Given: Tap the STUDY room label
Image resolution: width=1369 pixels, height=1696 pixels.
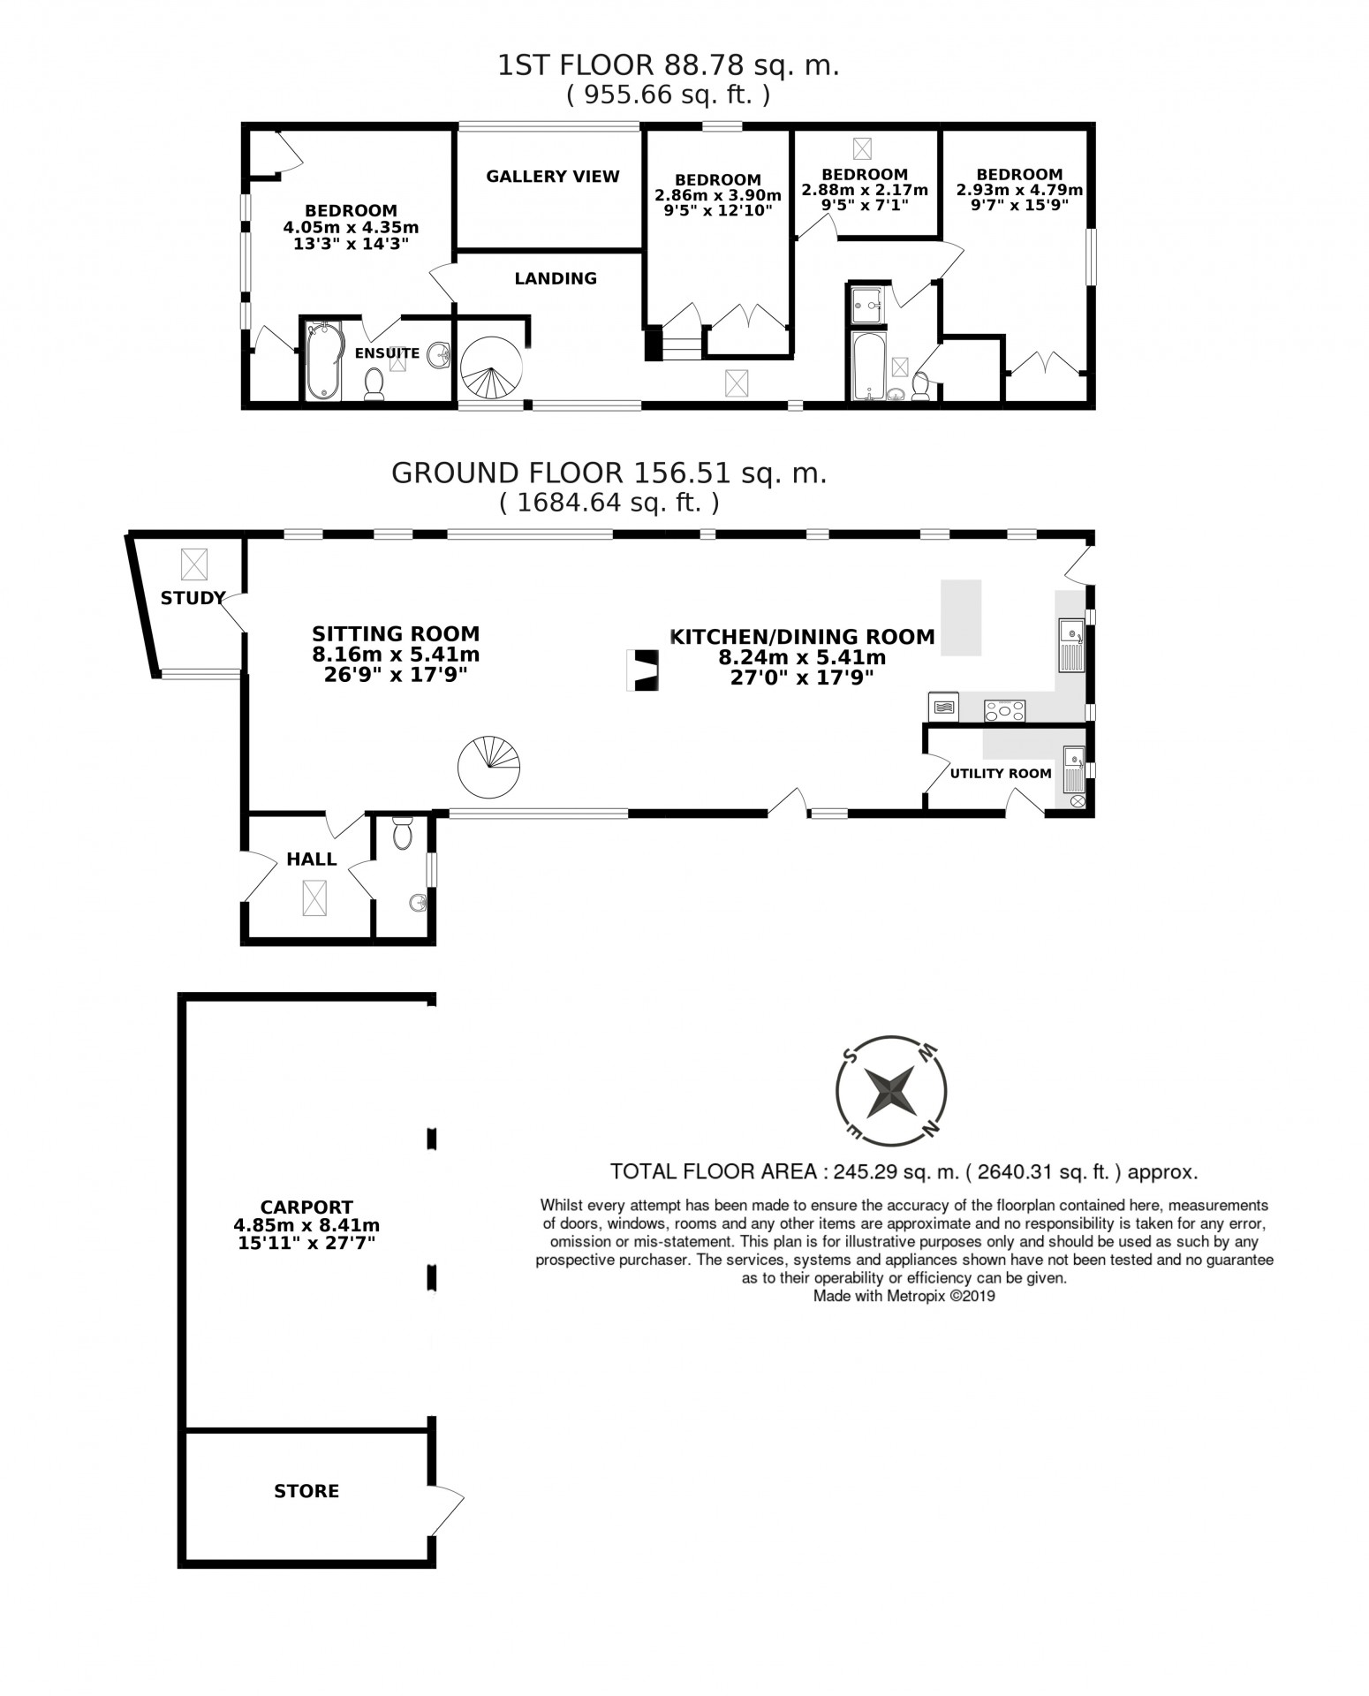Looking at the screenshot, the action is (193, 598).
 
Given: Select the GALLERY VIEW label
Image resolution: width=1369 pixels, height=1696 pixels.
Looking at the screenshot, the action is (553, 176).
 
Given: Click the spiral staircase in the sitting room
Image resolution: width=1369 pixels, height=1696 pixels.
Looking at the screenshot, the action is (489, 767).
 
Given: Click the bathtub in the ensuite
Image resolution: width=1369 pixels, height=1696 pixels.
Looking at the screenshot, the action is (322, 360).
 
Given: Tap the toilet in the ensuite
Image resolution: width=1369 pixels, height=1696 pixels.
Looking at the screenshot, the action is (374, 385).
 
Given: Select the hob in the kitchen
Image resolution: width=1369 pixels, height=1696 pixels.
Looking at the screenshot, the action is (1004, 709).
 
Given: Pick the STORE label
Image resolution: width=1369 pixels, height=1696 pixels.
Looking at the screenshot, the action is (306, 1491).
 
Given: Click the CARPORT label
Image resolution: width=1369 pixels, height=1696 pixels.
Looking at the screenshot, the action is (306, 1207).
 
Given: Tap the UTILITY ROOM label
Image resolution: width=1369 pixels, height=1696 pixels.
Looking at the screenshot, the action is (1001, 774).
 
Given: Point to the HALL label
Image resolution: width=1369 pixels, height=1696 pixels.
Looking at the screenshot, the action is (312, 859).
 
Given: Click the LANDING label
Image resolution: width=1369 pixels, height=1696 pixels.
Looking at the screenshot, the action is (556, 278).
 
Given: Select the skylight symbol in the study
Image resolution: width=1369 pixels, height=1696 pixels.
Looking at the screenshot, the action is (194, 564).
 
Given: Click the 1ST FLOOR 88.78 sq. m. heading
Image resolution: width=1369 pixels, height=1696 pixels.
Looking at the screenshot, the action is (669, 64).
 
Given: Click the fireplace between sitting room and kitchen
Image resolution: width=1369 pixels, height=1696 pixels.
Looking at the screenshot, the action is (642, 670).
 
